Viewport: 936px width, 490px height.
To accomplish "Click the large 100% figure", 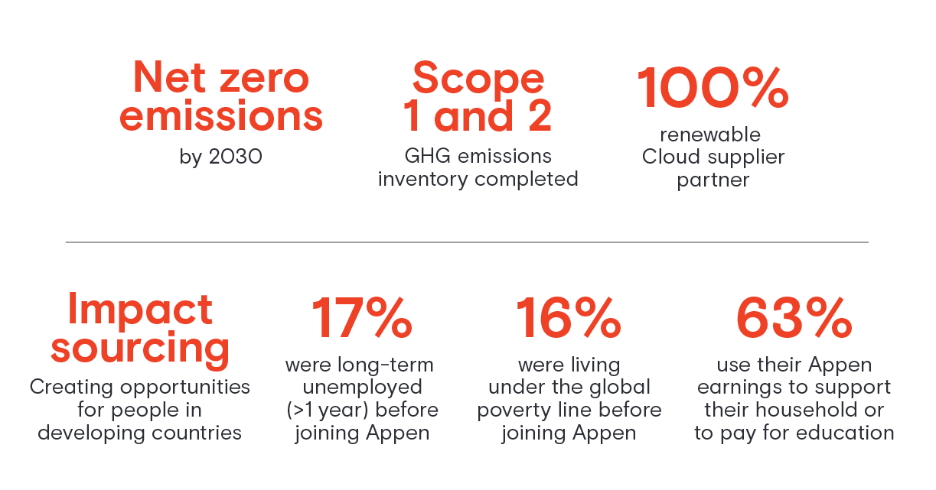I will click(x=713, y=88).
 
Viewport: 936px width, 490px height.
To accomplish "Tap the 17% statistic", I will click(x=361, y=319).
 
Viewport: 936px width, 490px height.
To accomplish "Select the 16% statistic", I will click(x=568, y=319).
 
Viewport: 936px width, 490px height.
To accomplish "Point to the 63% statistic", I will click(x=794, y=319).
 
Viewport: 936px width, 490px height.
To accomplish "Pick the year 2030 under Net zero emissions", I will click(x=236, y=157).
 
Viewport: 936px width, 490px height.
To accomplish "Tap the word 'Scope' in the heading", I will click(x=478, y=77).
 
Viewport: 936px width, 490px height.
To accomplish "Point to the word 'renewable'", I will click(x=710, y=135).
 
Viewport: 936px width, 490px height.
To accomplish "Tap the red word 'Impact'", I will click(x=140, y=310).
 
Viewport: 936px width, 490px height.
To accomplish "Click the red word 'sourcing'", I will click(x=140, y=348).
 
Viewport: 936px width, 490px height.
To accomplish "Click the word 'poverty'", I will click(x=509, y=410).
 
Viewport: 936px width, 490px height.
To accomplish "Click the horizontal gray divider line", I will click(x=467, y=242).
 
